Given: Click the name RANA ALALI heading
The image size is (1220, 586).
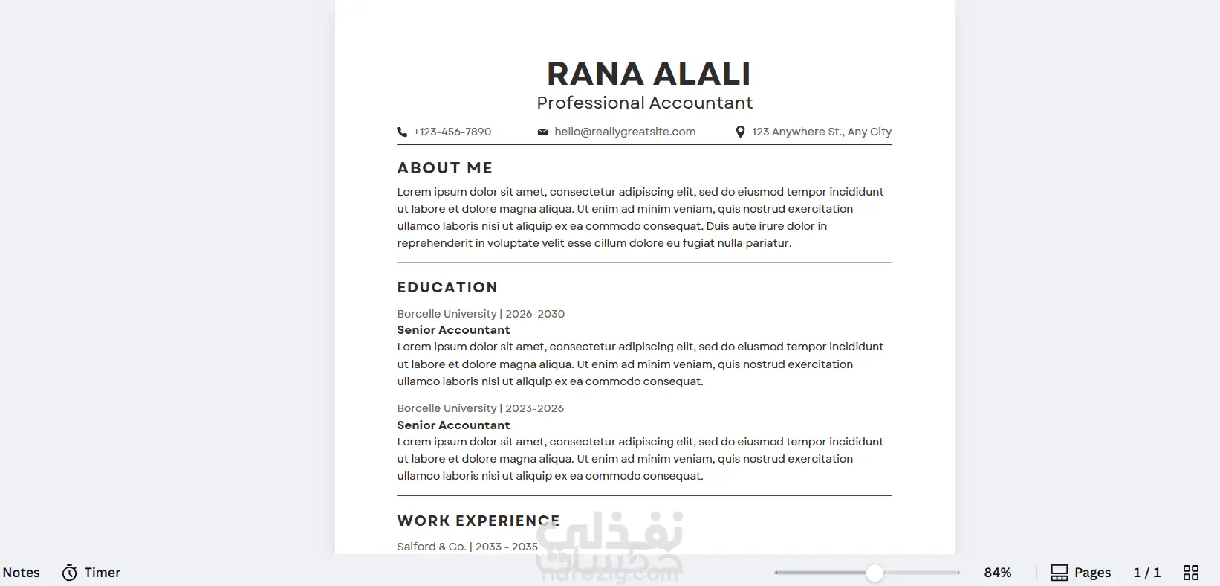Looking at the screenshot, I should click(649, 74).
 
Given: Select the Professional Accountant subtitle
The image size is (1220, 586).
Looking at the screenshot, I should click(644, 103).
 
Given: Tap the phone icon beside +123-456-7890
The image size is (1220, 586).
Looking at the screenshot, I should click(402, 132).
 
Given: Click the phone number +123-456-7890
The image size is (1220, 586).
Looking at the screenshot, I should click(452, 132).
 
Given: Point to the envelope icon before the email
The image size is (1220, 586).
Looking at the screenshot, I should click(543, 132).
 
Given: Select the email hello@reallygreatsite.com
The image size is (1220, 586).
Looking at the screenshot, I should click(625, 132).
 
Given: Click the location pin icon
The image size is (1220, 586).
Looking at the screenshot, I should click(740, 132).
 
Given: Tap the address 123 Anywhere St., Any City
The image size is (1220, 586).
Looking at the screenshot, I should click(821, 132).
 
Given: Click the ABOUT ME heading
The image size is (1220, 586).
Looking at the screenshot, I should click(444, 168).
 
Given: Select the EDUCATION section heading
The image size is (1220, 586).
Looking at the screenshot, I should click(447, 287).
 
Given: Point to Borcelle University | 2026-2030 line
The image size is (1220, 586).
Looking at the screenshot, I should click(481, 314).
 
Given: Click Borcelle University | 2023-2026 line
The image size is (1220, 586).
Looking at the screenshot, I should click(480, 408).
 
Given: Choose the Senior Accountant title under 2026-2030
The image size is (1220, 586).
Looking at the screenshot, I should click(453, 330).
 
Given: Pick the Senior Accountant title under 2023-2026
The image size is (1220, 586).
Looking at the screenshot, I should click(453, 425).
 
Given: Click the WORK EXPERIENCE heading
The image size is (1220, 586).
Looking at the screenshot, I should click(478, 521).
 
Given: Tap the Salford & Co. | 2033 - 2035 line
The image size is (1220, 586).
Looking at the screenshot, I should click(467, 547).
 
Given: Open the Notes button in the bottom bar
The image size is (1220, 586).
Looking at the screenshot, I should click(21, 573).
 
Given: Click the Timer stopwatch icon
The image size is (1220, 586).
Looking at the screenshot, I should click(70, 573).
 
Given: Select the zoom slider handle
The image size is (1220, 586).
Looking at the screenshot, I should click(875, 573).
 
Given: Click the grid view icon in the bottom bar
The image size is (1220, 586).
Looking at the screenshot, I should click(1191, 573).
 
